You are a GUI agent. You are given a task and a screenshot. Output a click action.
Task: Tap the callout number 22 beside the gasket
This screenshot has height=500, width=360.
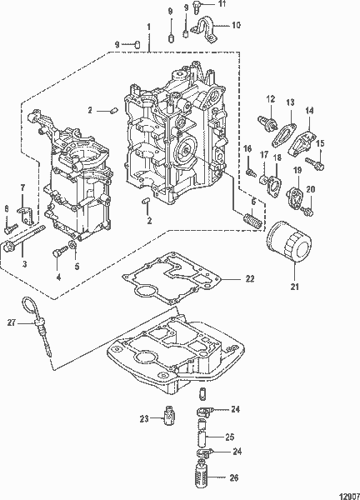tap(250, 278)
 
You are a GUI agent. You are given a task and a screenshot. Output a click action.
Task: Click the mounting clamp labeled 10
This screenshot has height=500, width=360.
tap(205, 30)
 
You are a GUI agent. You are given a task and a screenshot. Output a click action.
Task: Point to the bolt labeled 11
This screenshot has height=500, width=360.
tap(196, 7)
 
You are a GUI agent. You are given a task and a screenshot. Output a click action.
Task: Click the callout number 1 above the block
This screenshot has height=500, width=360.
tap(148, 27)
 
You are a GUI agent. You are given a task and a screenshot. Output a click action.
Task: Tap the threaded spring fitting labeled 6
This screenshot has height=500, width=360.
tap(252, 221)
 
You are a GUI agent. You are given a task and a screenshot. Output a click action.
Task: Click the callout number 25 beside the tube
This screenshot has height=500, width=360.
tap(230, 437)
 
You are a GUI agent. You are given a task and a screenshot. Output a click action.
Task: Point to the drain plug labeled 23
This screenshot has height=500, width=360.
tap(170, 416)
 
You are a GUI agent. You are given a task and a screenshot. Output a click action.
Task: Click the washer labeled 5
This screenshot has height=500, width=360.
tap(72, 246)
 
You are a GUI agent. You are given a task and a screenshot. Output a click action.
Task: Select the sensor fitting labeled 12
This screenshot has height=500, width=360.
tap(267, 123)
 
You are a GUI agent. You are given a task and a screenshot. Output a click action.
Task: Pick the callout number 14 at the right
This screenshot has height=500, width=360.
tap(309, 110)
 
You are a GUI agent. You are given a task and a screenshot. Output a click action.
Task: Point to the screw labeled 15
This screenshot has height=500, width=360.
tap(315, 163)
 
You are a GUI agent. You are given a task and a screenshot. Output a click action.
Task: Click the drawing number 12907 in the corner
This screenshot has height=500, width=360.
tap(349, 496)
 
